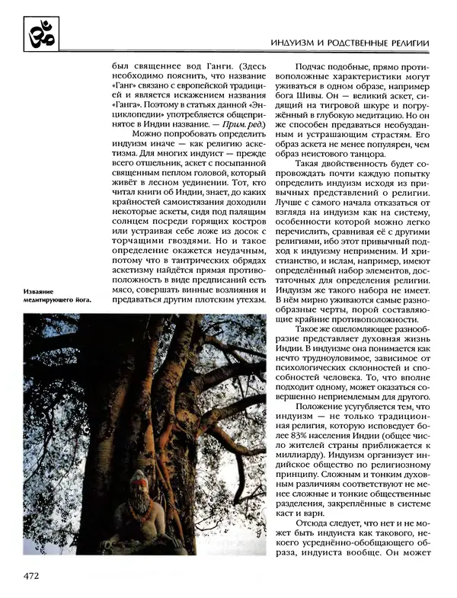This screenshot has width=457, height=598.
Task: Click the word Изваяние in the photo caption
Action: [39, 290]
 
